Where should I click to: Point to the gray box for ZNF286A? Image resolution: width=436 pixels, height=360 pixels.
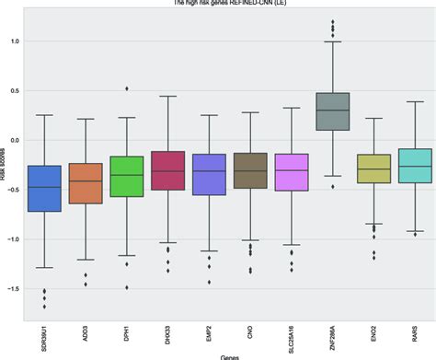click(x=332, y=111)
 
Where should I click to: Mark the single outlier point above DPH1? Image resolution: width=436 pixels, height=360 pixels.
click(x=126, y=89)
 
